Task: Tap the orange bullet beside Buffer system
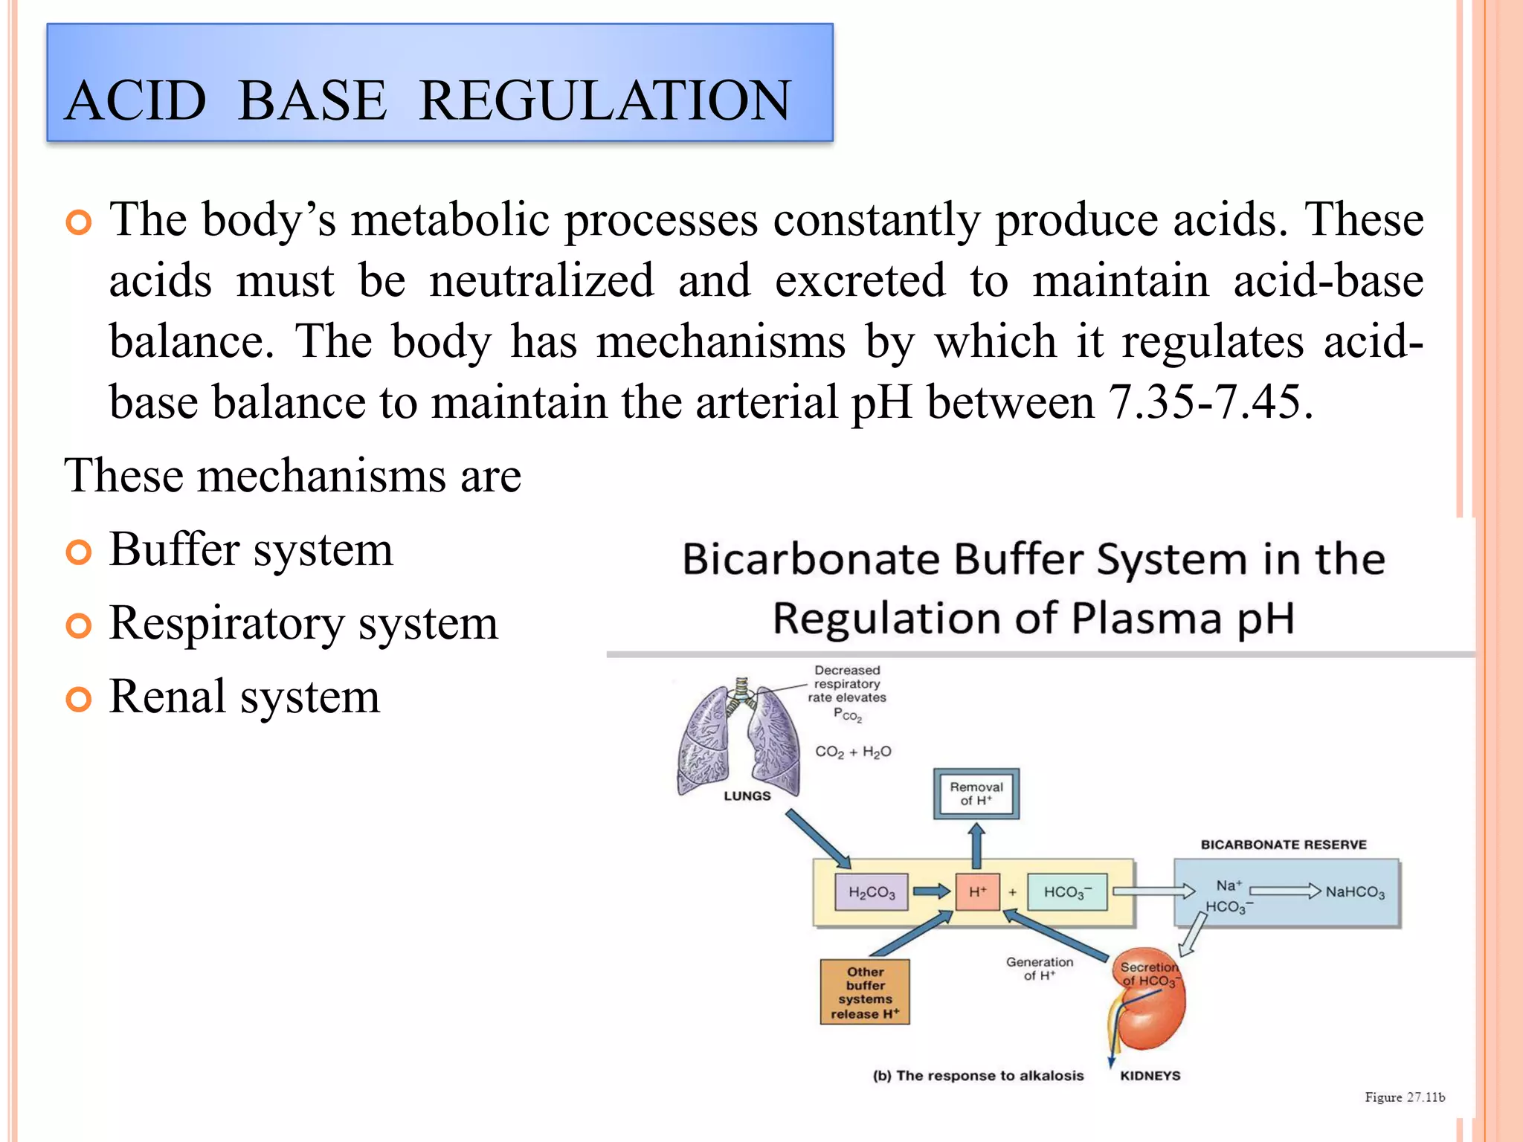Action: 78,552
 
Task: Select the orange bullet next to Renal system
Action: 78,700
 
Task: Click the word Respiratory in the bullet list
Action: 226,623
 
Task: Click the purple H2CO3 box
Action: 872,892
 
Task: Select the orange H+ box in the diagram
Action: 977,891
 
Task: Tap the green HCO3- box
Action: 1067,892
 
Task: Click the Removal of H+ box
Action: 976,793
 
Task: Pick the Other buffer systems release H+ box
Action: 865,992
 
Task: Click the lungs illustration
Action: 738,740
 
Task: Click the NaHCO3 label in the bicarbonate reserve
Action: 1355,892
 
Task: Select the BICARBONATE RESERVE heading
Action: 1284,845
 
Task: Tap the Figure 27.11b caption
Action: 1405,1097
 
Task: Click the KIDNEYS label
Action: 1150,1076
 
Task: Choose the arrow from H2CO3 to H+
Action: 931,891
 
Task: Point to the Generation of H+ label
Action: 1040,968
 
